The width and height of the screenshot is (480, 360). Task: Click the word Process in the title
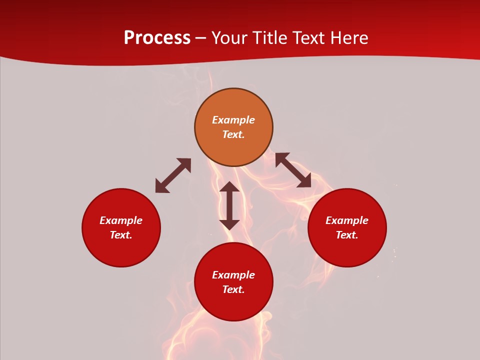(x=157, y=38)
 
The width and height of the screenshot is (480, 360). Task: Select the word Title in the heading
(x=270, y=38)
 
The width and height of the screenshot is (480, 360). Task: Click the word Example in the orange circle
(x=233, y=120)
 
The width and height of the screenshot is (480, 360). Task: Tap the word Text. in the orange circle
(x=233, y=134)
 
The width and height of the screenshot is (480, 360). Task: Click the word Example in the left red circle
(x=121, y=220)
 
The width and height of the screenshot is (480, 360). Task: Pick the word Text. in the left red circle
(x=121, y=235)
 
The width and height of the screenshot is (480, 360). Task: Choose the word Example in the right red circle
(x=347, y=220)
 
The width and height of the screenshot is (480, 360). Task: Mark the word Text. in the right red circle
(x=347, y=235)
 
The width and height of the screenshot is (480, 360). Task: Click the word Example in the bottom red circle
(x=233, y=275)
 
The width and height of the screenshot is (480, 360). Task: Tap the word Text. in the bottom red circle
(x=233, y=289)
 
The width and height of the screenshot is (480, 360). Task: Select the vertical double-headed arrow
(x=229, y=205)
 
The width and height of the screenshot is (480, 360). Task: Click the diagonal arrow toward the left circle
(x=173, y=175)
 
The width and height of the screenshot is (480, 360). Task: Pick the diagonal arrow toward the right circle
(x=293, y=170)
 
